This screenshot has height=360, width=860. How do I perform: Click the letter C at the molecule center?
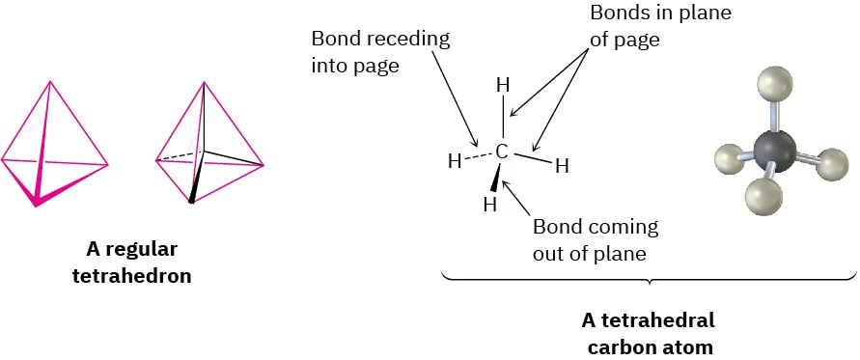pyautogui.click(x=501, y=151)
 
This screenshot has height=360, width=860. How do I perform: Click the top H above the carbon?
pyautogui.click(x=502, y=85)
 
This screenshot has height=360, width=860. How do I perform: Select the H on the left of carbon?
pyautogui.click(x=454, y=161)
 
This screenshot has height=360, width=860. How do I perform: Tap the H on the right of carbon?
pyautogui.click(x=562, y=165)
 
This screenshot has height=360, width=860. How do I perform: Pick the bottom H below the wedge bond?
pyautogui.click(x=489, y=205)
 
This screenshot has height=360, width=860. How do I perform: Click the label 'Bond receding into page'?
pyautogui.click(x=380, y=54)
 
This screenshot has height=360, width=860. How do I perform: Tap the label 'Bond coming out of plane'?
pyautogui.click(x=595, y=240)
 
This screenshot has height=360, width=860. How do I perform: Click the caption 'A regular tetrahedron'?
pyautogui.click(x=132, y=263)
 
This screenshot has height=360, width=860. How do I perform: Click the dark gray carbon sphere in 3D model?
pyautogui.click(x=774, y=151)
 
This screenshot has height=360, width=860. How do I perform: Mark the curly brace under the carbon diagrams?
pyautogui.click(x=649, y=281)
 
